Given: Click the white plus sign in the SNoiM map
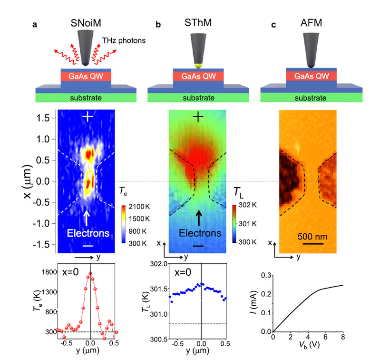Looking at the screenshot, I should click(x=87, y=116).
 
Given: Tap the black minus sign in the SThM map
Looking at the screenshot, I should click(x=199, y=245).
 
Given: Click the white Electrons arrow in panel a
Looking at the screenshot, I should click(x=87, y=218).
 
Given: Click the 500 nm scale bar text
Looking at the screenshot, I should click(x=313, y=236).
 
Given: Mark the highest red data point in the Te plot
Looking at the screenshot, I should click(x=90, y=273).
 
